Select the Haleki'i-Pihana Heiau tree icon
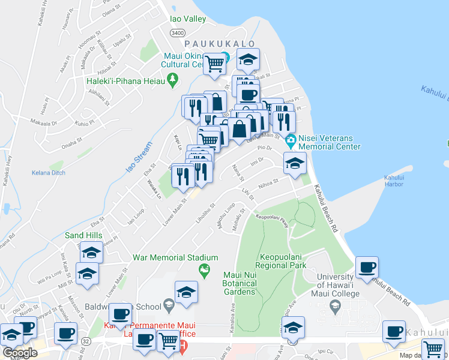(x=173, y=78)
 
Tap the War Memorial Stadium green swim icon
(x=205, y=270)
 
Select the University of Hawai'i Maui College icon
(x=336, y=308)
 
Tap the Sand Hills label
(x=83, y=236)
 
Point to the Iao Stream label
(x=136, y=155)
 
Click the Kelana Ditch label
(x=49, y=173)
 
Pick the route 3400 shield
(x=178, y=33)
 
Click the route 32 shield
(x=86, y=341)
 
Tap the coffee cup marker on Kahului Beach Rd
(x=367, y=268)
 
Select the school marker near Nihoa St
(x=295, y=163)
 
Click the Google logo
(x=20, y=353)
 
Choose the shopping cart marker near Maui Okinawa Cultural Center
(x=214, y=64)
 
